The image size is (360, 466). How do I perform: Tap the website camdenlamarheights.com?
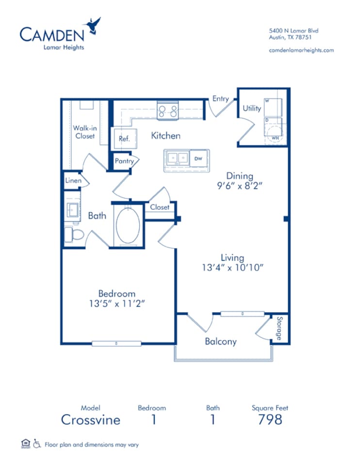click(301, 50)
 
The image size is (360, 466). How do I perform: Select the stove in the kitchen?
click(167, 110)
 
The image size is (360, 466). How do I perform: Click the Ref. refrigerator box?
click(125, 139)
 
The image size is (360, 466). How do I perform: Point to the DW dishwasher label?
click(198, 158)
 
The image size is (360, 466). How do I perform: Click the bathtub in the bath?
click(128, 226)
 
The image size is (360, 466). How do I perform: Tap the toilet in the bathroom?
click(74, 235)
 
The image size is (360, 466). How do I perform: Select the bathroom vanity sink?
click(74, 210)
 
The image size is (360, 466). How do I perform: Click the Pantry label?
click(124, 161)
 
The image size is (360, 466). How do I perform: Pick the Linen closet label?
click(73, 181)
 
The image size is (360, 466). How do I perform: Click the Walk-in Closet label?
click(84, 132)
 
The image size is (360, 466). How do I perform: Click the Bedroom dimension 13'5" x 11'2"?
click(116, 303)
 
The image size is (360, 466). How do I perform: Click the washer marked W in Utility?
click(273, 107)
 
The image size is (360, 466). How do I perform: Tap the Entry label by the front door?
click(220, 99)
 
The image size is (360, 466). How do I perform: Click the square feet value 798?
click(270, 419)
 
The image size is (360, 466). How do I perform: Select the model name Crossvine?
click(91, 419)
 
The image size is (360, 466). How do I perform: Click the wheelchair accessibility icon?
click(37, 443)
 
